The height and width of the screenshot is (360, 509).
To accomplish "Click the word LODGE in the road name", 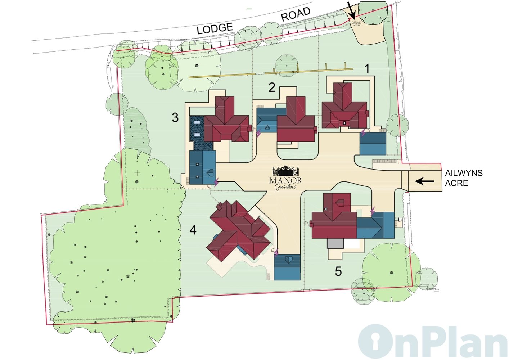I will [215, 28].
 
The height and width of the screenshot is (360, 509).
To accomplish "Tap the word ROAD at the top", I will [296, 15].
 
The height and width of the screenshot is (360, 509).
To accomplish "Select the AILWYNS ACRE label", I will [464, 178].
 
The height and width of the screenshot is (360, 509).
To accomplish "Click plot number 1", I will [367, 69].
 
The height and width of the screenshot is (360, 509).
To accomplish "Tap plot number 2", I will [272, 87].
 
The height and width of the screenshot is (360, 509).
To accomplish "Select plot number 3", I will [175, 117].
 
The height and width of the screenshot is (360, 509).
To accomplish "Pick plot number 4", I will [193, 230].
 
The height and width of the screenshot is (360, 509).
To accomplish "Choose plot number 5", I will [338, 271].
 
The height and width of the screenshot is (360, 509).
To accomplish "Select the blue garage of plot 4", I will [287, 267].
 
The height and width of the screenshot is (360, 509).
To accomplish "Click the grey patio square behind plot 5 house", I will [335, 243].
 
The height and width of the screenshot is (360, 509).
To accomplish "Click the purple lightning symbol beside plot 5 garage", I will [373, 211].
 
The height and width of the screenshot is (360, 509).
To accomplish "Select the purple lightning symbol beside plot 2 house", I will [258, 133].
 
